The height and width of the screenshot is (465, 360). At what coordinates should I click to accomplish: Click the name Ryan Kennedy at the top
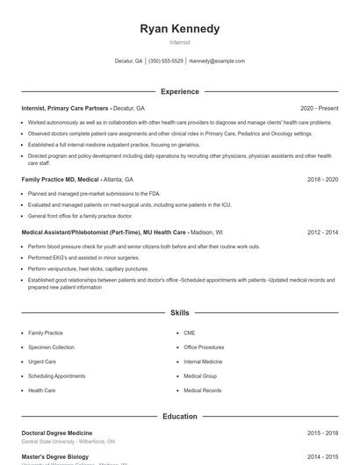[x=180, y=29]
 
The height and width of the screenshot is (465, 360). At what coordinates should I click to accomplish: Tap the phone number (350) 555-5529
[x=166, y=61]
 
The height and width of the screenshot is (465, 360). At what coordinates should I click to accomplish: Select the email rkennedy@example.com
[x=217, y=61]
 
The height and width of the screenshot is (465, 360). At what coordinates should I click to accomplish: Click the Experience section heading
[x=180, y=91]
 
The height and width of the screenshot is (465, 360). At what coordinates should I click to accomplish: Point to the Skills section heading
[x=180, y=312]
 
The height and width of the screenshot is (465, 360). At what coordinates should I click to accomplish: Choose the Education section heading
[x=180, y=416]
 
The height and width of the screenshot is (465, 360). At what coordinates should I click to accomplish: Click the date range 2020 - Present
[x=319, y=108]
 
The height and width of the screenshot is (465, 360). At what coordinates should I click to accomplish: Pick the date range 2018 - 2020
[x=322, y=179]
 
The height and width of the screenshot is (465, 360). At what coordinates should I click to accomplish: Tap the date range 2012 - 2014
[x=322, y=232]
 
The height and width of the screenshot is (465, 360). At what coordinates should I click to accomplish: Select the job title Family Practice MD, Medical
[x=60, y=179]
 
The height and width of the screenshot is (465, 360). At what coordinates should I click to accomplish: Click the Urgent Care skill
[x=42, y=361]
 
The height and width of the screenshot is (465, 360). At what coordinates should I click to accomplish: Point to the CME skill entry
[x=189, y=333]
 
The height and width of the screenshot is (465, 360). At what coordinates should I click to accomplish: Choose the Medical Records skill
[x=202, y=390]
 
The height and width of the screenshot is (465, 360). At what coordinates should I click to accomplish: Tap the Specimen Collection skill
[x=51, y=347]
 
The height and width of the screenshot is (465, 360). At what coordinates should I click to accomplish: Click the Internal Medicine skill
[x=203, y=361]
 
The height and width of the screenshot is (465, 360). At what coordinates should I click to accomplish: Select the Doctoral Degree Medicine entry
[x=56, y=433]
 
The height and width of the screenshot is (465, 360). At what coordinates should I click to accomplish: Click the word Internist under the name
[x=180, y=42]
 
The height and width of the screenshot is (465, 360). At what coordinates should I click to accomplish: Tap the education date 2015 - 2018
[x=322, y=433]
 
